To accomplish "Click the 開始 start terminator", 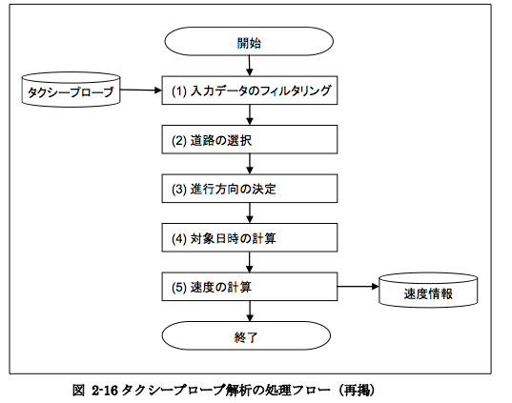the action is [x=249, y=41].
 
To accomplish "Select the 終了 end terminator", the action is [x=246, y=335].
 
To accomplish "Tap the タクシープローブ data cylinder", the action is [x=71, y=90].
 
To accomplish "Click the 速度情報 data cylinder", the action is [x=428, y=291].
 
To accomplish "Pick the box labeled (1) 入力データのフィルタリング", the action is [x=250, y=91].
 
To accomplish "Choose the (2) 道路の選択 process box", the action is [x=250, y=139].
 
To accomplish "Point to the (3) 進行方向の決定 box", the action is [x=250, y=189].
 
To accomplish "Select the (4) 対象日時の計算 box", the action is [x=250, y=237].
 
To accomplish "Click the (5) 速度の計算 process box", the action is [x=250, y=287].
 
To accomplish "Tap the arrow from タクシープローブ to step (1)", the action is [x=141, y=91].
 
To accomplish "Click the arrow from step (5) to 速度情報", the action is [x=358, y=287].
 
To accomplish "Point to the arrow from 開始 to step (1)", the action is [x=250, y=66].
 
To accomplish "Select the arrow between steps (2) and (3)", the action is [x=250, y=164].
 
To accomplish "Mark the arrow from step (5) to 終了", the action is [x=250, y=311].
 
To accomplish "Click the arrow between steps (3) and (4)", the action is [x=250, y=213].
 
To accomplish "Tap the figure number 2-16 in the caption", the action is [x=105, y=391].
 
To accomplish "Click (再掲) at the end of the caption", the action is [x=357, y=391].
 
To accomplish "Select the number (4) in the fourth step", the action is [x=179, y=238].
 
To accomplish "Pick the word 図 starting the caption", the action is [x=79, y=391].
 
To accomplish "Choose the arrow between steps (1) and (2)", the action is [x=250, y=115].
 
